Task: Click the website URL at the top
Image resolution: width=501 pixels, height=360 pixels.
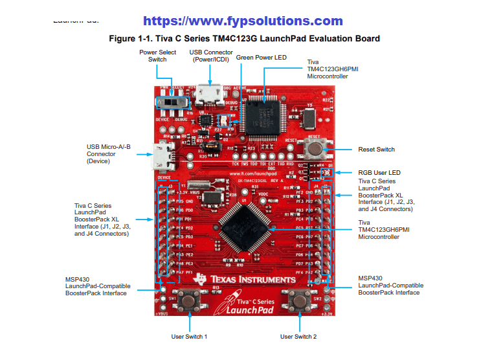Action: pyautogui.click(x=243, y=21)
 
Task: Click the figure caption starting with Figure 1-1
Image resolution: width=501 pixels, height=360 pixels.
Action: pyautogui.click(x=245, y=39)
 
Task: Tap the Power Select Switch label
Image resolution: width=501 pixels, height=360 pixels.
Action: pyautogui.click(x=153, y=56)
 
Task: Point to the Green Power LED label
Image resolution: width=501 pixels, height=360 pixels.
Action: pyautogui.click(x=262, y=58)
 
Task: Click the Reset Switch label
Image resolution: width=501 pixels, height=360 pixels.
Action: pyautogui.click(x=376, y=150)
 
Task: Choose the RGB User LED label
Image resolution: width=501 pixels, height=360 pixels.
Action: pyautogui.click(x=379, y=173)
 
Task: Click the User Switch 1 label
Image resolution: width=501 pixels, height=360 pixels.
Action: pyautogui.click(x=189, y=337)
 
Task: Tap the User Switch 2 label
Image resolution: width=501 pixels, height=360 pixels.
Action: pyautogui.click(x=298, y=337)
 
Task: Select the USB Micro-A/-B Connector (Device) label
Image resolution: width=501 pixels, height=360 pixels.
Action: pyautogui.click(x=109, y=153)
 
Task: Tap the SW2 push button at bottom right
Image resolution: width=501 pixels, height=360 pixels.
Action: pyautogui.click(x=300, y=300)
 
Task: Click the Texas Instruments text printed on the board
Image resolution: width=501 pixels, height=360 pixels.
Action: pyautogui.click(x=253, y=280)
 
